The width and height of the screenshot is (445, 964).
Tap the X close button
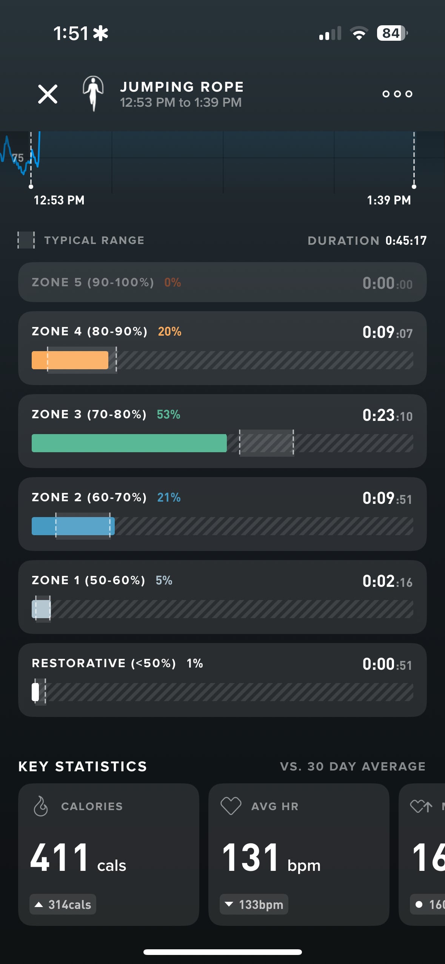tap(48, 94)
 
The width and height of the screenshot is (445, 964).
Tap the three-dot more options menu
tap(397, 94)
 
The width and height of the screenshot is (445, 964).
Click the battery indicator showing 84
tap(391, 33)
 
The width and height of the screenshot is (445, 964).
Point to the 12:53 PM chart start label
tap(59, 200)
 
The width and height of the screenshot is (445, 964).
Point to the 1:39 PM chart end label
tap(389, 200)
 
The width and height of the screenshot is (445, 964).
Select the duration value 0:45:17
tap(406, 241)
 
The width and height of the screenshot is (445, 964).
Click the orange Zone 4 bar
tap(70, 360)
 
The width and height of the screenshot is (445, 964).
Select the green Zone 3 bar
tap(129, 443)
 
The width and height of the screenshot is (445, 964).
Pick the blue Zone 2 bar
tap(73, 526)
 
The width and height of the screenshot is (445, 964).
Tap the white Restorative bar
tap(35, 692)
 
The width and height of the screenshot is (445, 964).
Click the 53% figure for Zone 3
tap(168, 414)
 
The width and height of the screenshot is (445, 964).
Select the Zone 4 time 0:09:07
tap(387, 332)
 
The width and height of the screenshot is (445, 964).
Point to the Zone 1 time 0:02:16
tap(387, 581)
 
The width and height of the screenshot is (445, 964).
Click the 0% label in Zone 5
tap(172, 282)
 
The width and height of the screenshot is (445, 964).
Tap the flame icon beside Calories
tap(41, 806)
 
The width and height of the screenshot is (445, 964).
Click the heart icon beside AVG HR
tap(231, 806)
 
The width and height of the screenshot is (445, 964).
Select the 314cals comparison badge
tap(63, 904)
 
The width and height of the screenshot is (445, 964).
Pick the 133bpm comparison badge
tap(254, 904)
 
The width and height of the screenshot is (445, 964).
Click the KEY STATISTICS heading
tap(83, 766)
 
